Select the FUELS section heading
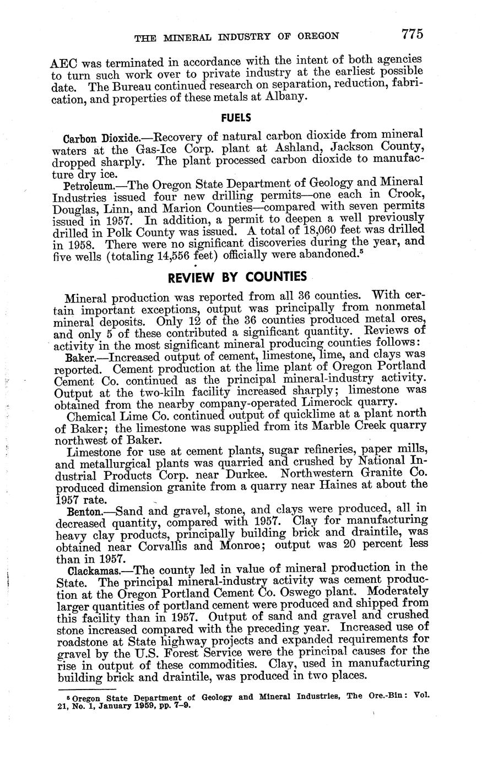tap(236, 118)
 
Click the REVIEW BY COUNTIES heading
tap(237, 276)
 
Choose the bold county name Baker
tap(77, 358)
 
